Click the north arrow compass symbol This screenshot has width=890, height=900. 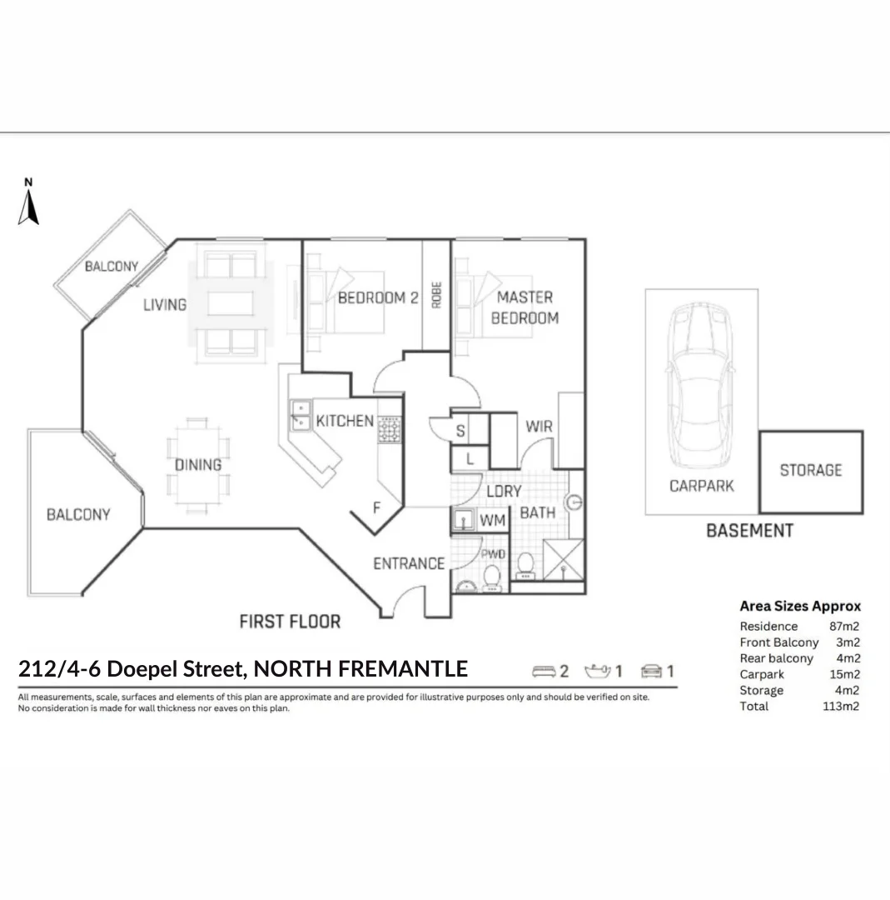(x=28, y=204)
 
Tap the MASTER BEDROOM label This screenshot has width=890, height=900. (x=525, y=307)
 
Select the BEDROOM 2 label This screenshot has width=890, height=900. (x=377, y=298)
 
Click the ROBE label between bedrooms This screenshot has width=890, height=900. (x=436, y=295)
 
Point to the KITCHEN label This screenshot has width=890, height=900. (x=345, y=421)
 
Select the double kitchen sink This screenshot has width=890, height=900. (x=299, y=416)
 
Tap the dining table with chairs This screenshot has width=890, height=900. (x=197, y=465)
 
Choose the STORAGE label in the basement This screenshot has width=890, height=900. (x=810, y=471)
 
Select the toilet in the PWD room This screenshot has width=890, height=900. (x=493, y=576)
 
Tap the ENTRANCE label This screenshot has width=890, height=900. (x=408, y=564)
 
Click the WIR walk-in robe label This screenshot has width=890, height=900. (x=539, y=427)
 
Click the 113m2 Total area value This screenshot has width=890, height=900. (x=841, y=707)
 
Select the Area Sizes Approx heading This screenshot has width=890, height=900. (x=800, y=607)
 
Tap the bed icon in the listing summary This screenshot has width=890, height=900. (x=544, y=671)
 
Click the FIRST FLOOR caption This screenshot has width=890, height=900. (x=290, y=622)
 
